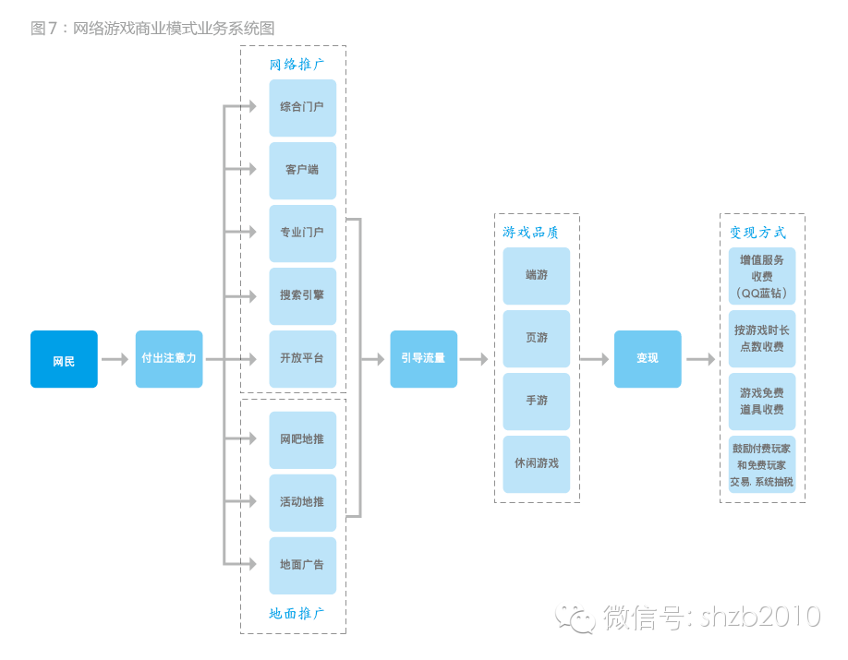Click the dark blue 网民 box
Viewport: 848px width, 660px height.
[x=64, y=359]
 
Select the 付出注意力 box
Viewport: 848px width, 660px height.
[x=169, y=359]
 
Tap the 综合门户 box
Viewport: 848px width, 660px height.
[x=302, y=107]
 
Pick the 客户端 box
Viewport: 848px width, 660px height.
[x=302, y=170]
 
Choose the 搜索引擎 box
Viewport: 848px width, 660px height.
[x=302, y=295]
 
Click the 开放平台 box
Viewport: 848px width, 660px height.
[x=302, y=358]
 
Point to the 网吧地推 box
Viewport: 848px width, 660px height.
[x=302, y=439]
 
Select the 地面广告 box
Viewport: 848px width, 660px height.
[x=302, y=565]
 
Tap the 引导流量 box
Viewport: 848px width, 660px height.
[x=423, y=359]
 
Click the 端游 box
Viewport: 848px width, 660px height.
[x=537, y=275]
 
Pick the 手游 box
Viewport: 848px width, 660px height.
[x=537, y=401]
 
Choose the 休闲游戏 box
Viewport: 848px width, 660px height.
[x=537, y=463]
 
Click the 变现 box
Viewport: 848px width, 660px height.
[x=648, y=359]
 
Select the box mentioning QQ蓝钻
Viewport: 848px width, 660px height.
[x=762, y=275]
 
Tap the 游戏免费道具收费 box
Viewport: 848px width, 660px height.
[x=762, y=401]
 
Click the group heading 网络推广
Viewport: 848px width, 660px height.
[x=297, y=65]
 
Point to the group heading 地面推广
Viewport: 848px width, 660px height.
[x=297, y=614]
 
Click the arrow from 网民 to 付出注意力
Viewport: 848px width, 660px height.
[x=115, y=359]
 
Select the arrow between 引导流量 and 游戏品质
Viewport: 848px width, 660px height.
[x=474, y=359]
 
